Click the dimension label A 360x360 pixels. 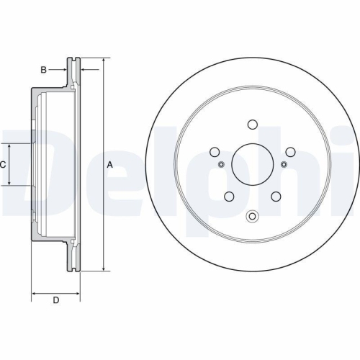pyautogui.click(x=110, y=165)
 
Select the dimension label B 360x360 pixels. pyautogui.click(x=43, y=69)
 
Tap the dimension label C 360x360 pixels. pyautogui.click(x=4, y=165)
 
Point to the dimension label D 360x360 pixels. pyautogui.click(x=55, y=300)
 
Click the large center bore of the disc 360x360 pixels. pyautogui.click(x=252, y=165)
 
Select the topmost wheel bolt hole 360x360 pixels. pyautogui.click(x=252, y=123)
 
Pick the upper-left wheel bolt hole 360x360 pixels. pyautogui.click(x=214, y=152)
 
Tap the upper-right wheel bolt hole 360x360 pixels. pyautogui.click(x=290, y=152)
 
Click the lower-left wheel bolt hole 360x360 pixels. pyautogui.click(x=228, y=197)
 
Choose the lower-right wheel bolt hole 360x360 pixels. pyautogui.click(x=276, y=197)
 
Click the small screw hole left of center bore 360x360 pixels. pyautogui.click(x=221, y=165)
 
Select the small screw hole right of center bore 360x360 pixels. pyautogui.click(x=283, y=165)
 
